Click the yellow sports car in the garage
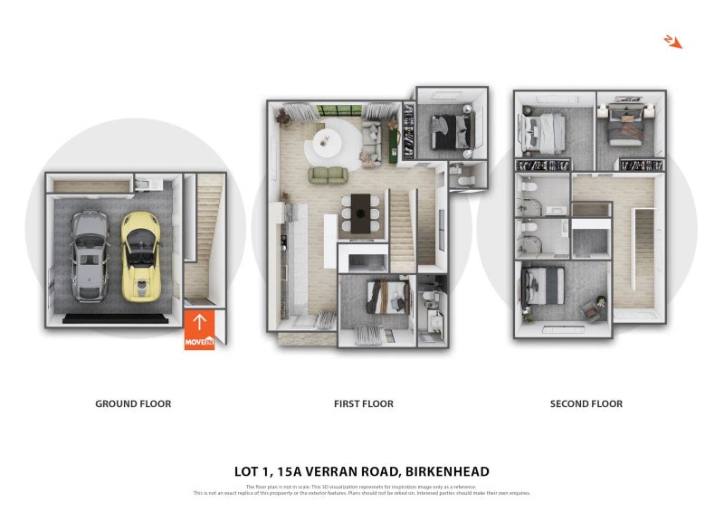(140, 256)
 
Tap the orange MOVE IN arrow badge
(199, 330)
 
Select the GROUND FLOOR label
(133, 403)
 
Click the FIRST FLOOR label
(363, 403)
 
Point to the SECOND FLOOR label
(586, 403)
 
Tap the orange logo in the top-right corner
(672, 41)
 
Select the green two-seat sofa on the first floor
(328, 174)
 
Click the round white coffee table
(327, 139)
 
